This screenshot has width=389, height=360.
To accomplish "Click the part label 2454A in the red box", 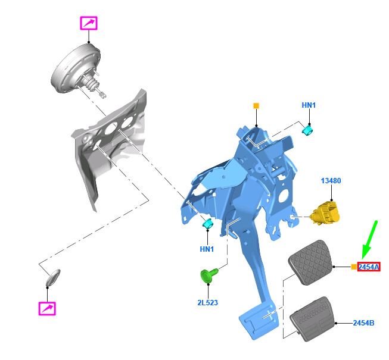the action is coord(369,267).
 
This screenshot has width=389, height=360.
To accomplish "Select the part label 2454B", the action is coord(363,323).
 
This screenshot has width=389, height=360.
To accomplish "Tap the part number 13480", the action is coord(331,181).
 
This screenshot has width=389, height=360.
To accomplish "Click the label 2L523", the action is coord(208,302).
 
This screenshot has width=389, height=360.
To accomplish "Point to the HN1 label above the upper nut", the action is coord(309,105).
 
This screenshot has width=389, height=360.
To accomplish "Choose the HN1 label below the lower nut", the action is coord(207,249).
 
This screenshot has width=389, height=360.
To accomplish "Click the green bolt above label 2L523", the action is coord(209,276).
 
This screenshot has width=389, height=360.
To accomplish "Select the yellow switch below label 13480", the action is coord(325,213).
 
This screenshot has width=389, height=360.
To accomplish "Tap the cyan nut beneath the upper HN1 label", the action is coord(307,130).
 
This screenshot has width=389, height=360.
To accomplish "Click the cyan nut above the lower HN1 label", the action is coord(208,224).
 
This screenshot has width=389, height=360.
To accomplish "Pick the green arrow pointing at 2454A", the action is coord(369,240).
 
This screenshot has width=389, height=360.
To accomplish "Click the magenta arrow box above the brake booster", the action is coord(89,23).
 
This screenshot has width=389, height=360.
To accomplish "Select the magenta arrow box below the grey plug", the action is coord(47,308).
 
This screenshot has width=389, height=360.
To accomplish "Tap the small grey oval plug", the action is coord(53,277).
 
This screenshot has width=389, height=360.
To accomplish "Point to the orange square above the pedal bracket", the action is coord(256,106).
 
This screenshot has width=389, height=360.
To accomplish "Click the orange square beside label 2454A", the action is coord(354,267).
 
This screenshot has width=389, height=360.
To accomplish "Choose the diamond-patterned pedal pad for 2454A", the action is coord(310,262).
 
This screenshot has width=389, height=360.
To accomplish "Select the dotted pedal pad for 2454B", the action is coord(313,319).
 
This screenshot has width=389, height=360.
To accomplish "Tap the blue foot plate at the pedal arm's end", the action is coord(258,320).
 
